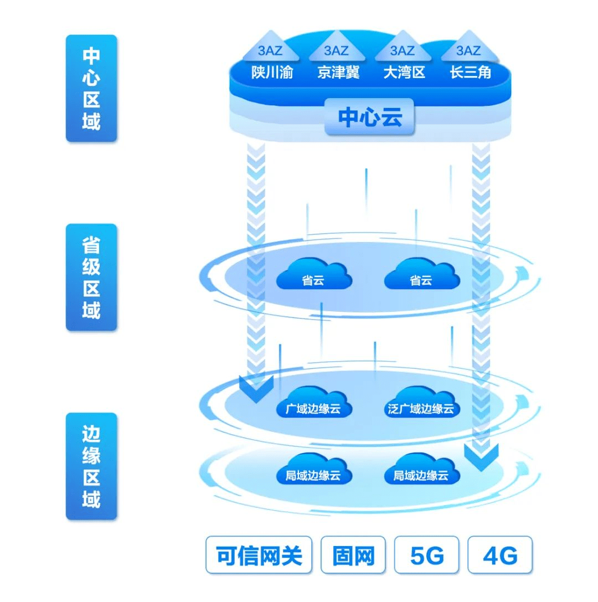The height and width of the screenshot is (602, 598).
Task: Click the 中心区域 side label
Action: click(91, 88)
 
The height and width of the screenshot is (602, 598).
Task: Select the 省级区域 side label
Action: click(91, 277)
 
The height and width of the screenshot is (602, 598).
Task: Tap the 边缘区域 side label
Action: click(91, 466)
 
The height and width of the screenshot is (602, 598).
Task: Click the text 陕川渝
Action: click(272, 73)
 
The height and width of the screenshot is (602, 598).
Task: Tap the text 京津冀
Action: click(338, 73)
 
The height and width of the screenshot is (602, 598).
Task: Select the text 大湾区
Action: click(404, 73)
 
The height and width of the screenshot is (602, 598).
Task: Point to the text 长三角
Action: click(471, 73)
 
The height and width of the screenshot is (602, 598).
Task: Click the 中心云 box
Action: click(369, 117)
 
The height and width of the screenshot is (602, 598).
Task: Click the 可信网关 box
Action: click(259, 555)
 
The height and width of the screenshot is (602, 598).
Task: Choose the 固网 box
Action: click(353, 555)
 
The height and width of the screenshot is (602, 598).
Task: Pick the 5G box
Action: click(427, 555)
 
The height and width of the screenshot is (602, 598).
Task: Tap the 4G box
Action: click(500, 555)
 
